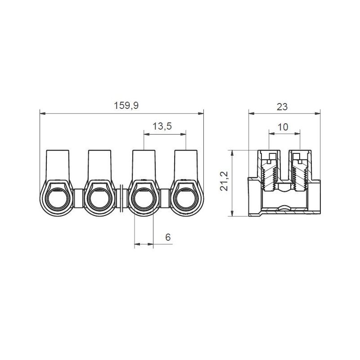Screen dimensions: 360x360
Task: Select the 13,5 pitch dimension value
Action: click(162, 126)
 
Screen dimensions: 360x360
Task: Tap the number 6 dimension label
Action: click(167, 237)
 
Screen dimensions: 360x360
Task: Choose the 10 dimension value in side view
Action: click(283, 127)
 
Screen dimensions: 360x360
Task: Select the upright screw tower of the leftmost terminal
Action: click(58, 164)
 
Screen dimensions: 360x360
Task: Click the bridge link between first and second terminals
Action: click(79, 196)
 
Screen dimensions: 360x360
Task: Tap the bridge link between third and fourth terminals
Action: click(165, 196)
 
